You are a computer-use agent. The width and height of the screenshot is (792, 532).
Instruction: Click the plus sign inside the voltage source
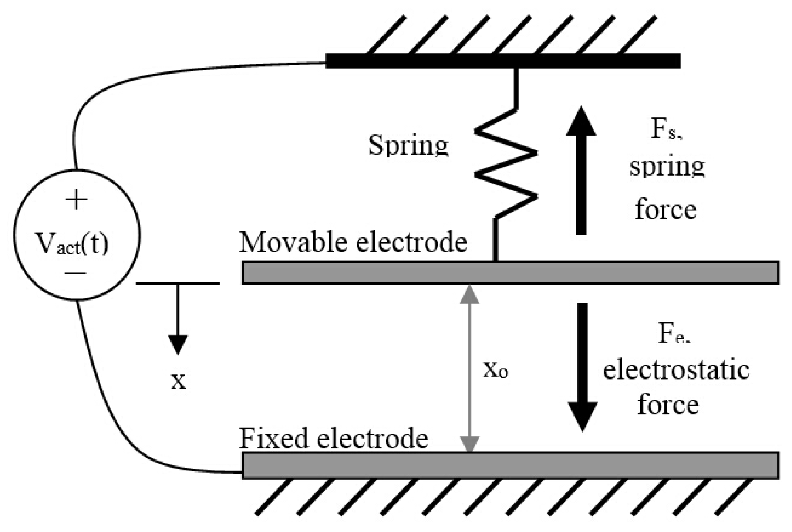(x=76, y=200)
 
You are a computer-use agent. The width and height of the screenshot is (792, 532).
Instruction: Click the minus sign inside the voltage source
(x=76, y=273)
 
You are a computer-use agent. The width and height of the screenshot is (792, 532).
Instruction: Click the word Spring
(x=408, y=145)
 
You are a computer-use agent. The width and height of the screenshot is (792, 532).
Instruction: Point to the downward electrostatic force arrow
(x=582, y=366)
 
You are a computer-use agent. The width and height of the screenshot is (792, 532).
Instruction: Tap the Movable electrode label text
(x=353, y=242)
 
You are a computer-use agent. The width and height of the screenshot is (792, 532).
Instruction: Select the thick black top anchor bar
(x=503, y=61)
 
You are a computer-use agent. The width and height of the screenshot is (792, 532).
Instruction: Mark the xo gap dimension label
(x=496, y=370)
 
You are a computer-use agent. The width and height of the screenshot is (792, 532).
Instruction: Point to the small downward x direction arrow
(x=178, y=318)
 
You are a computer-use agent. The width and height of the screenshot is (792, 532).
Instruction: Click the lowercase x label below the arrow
(x=179, y=381)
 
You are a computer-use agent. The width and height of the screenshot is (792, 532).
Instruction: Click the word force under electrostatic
(x=668, y=404)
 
